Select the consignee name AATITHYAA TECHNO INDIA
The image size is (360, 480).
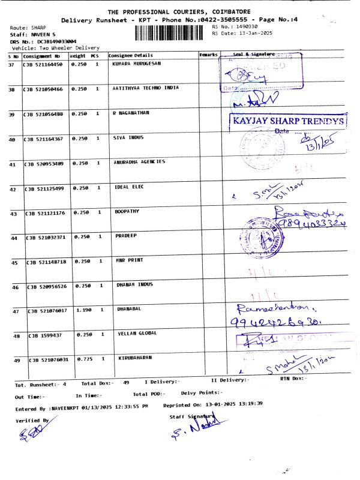click(146, 88)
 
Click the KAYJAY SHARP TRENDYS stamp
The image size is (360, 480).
click(288, 121)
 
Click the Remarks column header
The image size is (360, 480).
click(208, 55)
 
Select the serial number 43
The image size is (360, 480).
click(13, 214)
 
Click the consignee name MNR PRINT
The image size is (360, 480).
click(129, 260)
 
